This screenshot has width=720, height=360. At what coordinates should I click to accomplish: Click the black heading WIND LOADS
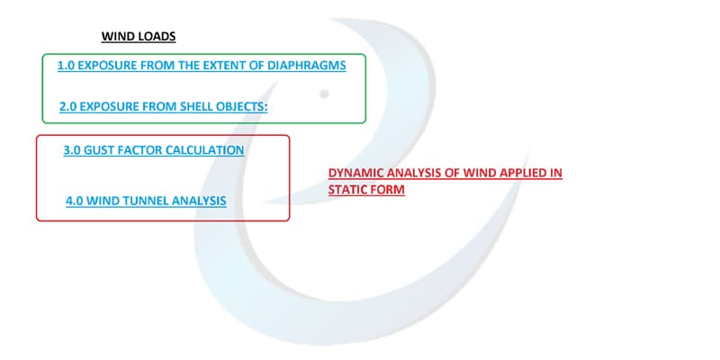[x=139, y=36]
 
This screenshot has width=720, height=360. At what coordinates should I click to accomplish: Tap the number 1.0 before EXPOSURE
[x=66, y=66]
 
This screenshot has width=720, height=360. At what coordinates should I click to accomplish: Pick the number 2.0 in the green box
[x=68, y=107]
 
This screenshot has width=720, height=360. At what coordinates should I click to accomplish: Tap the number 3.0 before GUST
[x=72, y=150]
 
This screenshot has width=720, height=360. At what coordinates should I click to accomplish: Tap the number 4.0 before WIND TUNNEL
[x=75, y=201]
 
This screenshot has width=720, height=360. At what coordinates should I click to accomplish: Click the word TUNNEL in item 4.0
[x=141, y=201]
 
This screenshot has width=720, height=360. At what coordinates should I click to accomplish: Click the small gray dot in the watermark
[x=324, y=94]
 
